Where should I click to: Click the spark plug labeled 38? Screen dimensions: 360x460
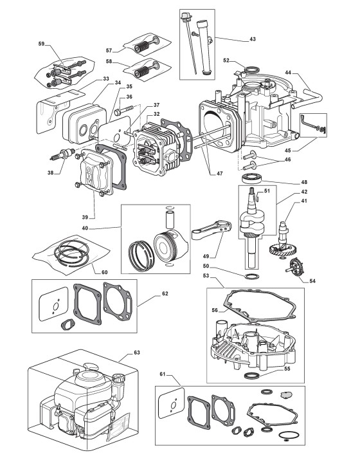coord(63,154)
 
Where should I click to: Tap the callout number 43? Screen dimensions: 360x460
coord(253,39)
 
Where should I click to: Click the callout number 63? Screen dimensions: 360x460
coord(137,353)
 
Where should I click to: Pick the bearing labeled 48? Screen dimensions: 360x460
coord(250,178)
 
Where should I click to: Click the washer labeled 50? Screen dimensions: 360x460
coord(250,276)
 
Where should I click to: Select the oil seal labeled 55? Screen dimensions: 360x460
coord(252,376)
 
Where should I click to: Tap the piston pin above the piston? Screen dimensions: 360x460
coord(170,219)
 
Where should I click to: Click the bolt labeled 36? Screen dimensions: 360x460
coord(124,110)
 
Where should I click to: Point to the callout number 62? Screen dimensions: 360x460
coord(165,293)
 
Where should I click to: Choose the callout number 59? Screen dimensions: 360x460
coord(41,44)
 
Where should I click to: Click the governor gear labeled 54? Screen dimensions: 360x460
coord(294,266)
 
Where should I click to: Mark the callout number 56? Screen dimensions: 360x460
coord(215,310)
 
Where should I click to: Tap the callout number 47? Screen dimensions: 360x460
coord(220,173)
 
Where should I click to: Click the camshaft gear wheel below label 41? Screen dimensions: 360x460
coord(282,250)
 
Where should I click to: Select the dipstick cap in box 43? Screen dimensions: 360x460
coord(186,17)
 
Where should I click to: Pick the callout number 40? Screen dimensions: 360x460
coord(85,228)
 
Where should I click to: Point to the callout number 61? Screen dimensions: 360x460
coord(163,374)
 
